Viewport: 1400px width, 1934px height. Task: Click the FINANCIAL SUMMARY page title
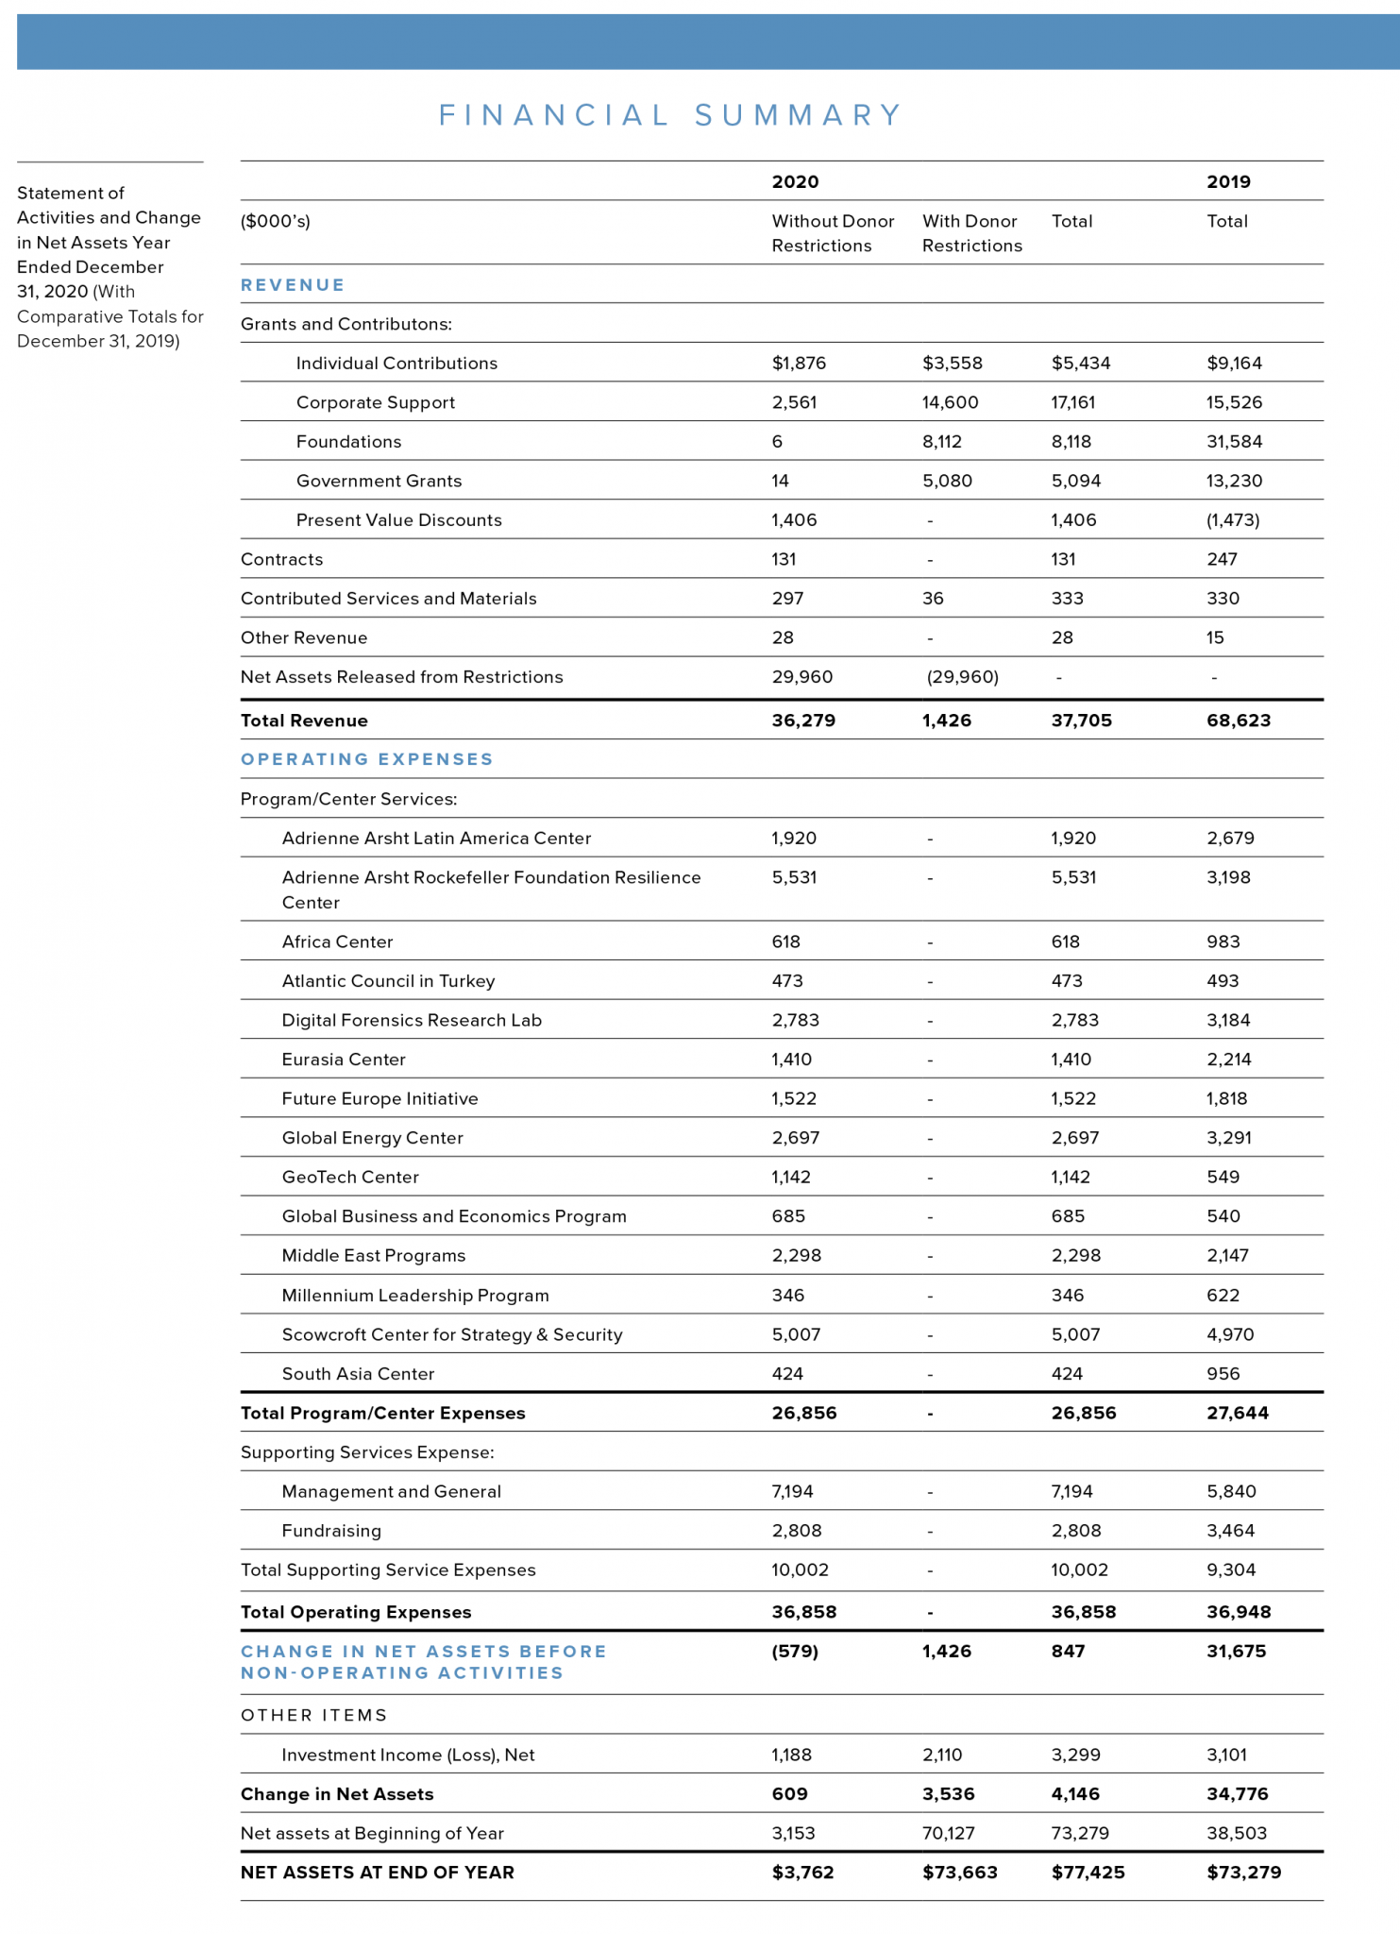(x=670, y=115)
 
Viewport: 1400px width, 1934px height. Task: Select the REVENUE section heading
(x=293, y=285)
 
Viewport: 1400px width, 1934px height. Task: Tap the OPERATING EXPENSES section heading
(x=366, y=759)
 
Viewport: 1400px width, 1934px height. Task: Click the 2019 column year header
(x=1228, y=182)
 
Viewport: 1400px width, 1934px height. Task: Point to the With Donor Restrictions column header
(x=971, y=233)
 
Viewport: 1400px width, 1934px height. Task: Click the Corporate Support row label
(x=375, y=402)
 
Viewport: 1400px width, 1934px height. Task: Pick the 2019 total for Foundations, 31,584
(x=1234, y=442)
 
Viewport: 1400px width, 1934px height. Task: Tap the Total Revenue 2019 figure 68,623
(x=1238, y=721)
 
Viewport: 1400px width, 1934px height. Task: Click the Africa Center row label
(x=337, y=942)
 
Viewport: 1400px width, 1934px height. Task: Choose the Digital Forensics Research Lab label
(x=412, y=1020)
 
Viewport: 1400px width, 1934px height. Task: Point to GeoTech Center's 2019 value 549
(x=1223, y=1177)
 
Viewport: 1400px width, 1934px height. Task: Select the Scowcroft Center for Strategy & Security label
(x=451, y=1334)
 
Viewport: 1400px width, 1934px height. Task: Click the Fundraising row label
(x=331, y=1531)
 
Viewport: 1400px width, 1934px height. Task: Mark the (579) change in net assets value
(x=795, y=1651)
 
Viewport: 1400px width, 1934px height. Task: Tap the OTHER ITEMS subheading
(x=313, y=1715)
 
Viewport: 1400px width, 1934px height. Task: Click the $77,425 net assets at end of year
(x=1088, y=1872)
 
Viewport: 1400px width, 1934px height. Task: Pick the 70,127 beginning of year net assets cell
(x=948, y=1833)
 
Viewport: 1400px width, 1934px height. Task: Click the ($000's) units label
(x=275, y=221)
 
